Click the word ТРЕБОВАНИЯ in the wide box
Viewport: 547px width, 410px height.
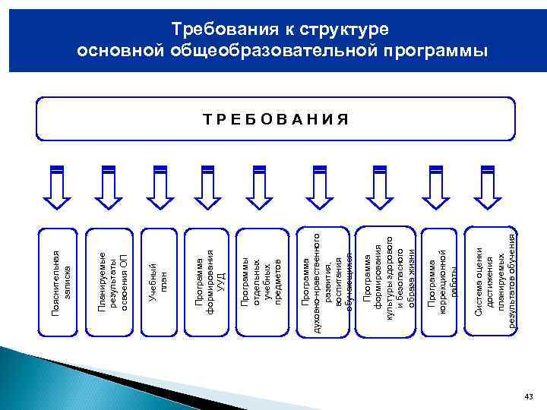point(276,118)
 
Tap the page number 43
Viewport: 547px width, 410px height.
point(529,398)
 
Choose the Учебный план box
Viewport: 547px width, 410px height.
point(159,280)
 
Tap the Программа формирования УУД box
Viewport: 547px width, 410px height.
point(208,280)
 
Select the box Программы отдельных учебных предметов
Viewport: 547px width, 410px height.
point(258,280)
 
